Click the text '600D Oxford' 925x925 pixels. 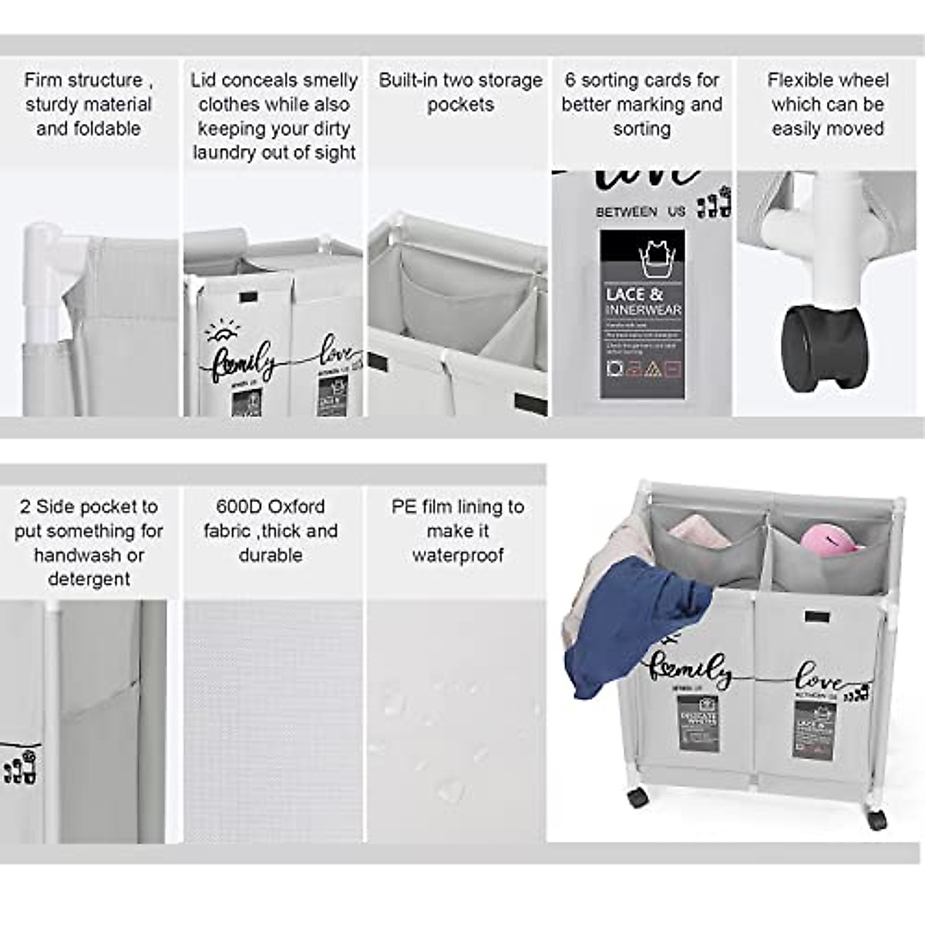(x=270, y=506)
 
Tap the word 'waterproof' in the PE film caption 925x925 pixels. (x=458, y=555)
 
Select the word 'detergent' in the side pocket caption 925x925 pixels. (x=89, y=579)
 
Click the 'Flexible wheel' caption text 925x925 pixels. (x=828, y=80)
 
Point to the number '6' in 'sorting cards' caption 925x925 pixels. (x=570, y=80)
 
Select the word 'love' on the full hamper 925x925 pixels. (x=819, y=678)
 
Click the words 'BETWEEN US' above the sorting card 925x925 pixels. (x=640, y=211)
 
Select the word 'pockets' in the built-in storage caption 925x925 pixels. (x=460, y=105)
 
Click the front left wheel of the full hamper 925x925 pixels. (x=637, y=797)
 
